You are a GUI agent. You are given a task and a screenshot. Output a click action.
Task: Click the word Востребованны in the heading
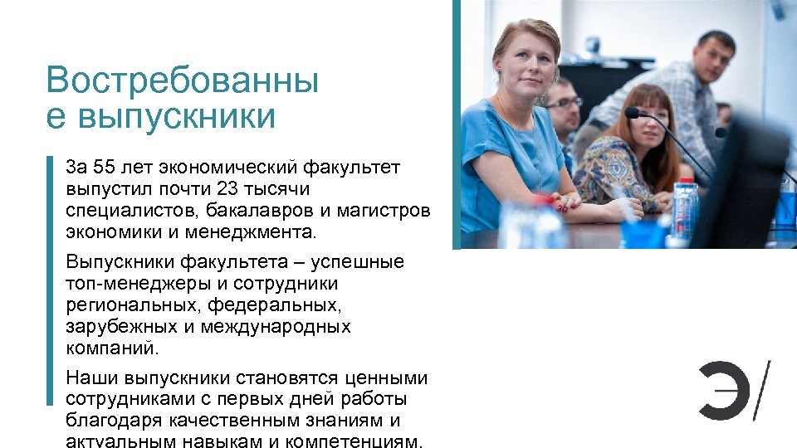point(183,81)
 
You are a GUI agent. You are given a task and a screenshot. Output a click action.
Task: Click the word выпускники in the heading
point(175,117)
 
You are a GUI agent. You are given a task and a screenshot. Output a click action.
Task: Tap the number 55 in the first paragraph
point(104,168)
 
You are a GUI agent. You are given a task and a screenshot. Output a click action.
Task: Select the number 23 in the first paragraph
point(227,189)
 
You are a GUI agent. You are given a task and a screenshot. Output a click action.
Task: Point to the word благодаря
point(109,421)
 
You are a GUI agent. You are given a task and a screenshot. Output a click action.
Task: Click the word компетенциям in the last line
point(356,441)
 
